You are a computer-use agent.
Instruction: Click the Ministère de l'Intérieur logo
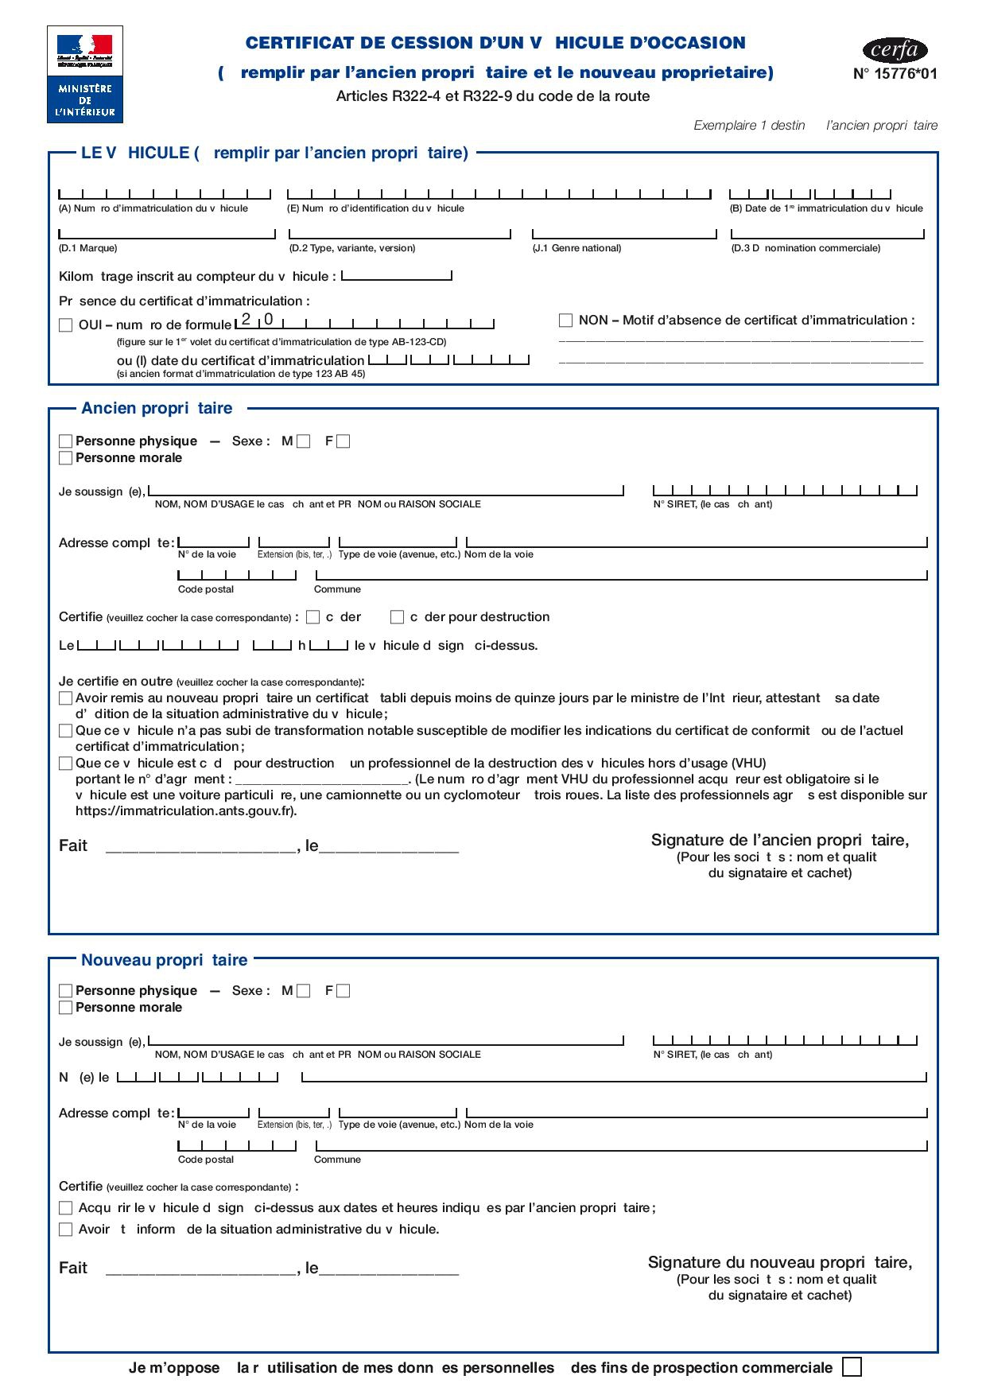[x=85, y=74]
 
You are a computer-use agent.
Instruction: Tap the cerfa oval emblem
[x=895, y=51]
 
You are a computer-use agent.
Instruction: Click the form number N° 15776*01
[x=895, y=74]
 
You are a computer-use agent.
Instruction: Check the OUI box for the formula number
[x=66, y=325]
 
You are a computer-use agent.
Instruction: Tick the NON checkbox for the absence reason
[x=565, y=321]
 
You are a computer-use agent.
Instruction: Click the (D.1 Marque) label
[x=88, y=248]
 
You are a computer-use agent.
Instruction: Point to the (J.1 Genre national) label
[x=576, y=248]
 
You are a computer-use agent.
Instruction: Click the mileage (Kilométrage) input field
[x=396, y=276]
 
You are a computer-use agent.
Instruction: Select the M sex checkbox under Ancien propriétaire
[x=303, y=441]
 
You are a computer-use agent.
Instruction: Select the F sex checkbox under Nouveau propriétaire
[x=343, y=991]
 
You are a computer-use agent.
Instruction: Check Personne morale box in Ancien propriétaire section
[x=66, y=458]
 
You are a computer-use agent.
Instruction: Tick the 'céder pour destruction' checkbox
[x=397, y=617]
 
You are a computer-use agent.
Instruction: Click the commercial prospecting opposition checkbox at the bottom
[x=851, y=1367]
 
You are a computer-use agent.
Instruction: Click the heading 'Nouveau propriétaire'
[x=164, y=960]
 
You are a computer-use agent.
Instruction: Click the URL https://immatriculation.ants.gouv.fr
[x=185, y=811]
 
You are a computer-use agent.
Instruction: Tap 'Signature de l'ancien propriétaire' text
[x=779, y=840]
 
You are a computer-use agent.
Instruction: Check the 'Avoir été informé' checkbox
[x=66, y=1230]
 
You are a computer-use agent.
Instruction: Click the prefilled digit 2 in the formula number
[x=246, y=320]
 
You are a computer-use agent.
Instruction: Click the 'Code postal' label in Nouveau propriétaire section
[x=206, y=1160]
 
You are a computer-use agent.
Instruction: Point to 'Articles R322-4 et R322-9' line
[x=492, y=96]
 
